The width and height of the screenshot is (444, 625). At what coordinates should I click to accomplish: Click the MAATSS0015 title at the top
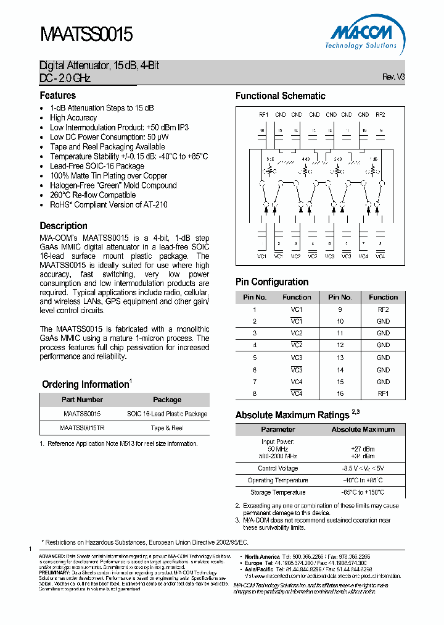click(86, 34)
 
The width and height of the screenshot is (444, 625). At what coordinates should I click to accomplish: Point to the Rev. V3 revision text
click(393, 77)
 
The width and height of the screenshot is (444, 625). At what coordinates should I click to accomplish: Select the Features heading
click(58, 96)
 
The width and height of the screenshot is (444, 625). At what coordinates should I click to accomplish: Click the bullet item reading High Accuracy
click(73, 118)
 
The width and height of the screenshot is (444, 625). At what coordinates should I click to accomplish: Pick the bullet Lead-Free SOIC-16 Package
click(97, 166)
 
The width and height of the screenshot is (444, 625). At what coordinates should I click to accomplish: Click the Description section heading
click(64, 226)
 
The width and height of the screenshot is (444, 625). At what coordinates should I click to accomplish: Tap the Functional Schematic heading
click(280, 96)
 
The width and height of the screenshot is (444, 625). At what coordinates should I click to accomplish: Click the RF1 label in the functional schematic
click(263, 114)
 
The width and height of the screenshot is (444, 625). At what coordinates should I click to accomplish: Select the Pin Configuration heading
click(272, 282)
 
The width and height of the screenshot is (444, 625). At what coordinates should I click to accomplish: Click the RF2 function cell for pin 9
click(383, 309)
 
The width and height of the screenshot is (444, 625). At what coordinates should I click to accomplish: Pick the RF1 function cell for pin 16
click(383, 393)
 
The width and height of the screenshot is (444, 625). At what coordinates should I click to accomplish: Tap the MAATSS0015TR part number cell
click(82, 427)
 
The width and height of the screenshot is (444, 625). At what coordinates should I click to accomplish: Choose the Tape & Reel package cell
click(166, 427)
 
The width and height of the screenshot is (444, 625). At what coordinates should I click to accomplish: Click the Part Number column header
click(82, 400)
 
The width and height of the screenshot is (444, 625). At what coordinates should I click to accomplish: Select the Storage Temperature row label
click(277, 492)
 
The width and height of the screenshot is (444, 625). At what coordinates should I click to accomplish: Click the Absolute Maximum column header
click(363, 429)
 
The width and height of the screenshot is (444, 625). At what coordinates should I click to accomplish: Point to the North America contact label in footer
click(262, 557)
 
